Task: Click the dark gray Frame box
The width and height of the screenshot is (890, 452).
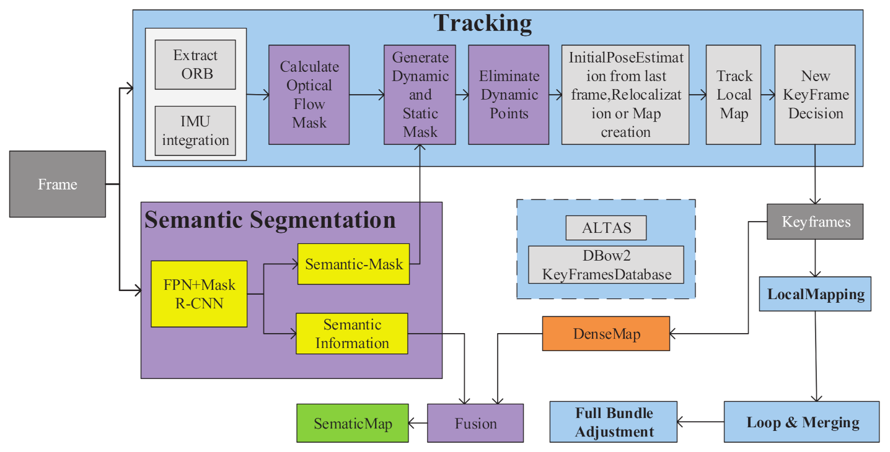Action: (57, 184)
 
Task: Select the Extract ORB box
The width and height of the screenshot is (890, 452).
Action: (195, 64)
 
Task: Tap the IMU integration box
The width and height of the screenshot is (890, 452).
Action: (195, 131)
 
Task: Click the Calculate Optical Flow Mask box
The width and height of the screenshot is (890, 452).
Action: (309, 94)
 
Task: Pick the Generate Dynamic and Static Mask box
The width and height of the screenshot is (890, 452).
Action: (420, 94)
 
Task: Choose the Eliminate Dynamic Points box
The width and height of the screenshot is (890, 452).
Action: (508, 94)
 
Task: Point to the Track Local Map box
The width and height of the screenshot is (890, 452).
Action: (734, 94)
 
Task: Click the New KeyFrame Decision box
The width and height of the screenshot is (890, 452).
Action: (814, 94)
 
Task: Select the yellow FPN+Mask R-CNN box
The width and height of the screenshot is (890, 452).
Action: (199, 293)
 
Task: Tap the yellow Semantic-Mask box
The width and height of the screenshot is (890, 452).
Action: (353, 264)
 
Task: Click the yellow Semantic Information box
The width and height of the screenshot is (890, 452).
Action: (351, 333)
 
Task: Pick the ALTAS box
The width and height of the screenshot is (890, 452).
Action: (606, 228)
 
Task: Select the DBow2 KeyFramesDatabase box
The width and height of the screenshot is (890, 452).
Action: (606, 265)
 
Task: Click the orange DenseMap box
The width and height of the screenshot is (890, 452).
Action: (606, 334)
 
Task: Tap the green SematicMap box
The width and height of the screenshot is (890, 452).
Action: (352, 423)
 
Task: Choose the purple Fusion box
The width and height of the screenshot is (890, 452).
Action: (475, 423)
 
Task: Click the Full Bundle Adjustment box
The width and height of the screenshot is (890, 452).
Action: (613, 422)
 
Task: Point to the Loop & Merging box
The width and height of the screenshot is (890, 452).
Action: (801, 422)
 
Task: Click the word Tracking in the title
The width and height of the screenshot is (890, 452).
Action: (482, 24)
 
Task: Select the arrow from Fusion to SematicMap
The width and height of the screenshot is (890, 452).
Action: (418, 423)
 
